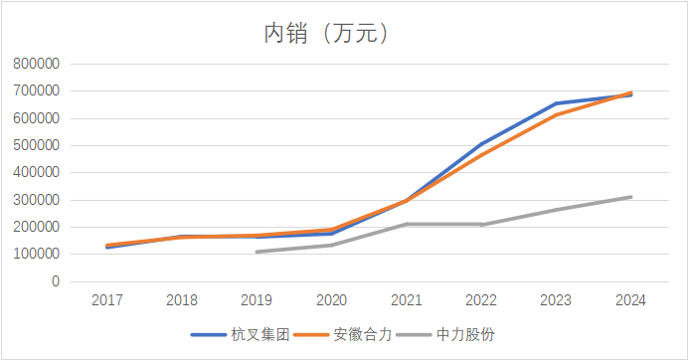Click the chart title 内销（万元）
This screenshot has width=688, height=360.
[325, 33]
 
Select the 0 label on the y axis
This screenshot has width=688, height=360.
[56, 281]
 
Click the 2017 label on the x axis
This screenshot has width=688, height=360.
[106, 299]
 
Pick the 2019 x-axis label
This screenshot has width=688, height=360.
[256, 299]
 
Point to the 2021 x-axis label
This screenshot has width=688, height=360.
[406, 299]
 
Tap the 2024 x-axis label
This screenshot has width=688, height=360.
[630, 299]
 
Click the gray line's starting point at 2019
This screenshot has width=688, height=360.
[256, 252]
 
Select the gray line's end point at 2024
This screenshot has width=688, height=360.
[630, 197]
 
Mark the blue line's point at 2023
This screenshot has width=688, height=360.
[556, 103]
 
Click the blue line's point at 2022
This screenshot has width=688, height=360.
[481, 144]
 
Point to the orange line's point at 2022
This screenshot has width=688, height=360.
[481, 155]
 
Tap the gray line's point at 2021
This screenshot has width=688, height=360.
[406, 224]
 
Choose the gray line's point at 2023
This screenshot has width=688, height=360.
[556, 210]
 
